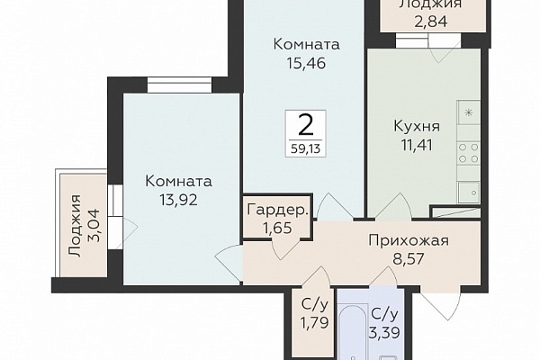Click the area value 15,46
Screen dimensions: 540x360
(306, 63)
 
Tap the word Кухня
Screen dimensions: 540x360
(417, 126)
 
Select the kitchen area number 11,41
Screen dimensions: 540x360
(417, 145)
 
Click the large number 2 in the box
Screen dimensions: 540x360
(305, 125)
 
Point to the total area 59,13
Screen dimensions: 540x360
(305, 148)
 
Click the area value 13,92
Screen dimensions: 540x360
(178, 200)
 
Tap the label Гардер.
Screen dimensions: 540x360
(277, 210)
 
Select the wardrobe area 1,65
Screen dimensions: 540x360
(277, 228)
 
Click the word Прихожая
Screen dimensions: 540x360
(409, 240)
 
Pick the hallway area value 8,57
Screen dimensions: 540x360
(409, 258)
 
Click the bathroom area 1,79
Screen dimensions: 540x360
(314, 323)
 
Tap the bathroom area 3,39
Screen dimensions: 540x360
(384, 333)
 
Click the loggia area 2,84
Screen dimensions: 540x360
(430, 22)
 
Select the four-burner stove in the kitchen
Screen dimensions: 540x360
(469, 153)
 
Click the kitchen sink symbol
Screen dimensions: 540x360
(469, 193)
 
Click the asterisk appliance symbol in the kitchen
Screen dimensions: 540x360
(468, 112)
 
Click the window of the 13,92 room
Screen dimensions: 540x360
(179, 85)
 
